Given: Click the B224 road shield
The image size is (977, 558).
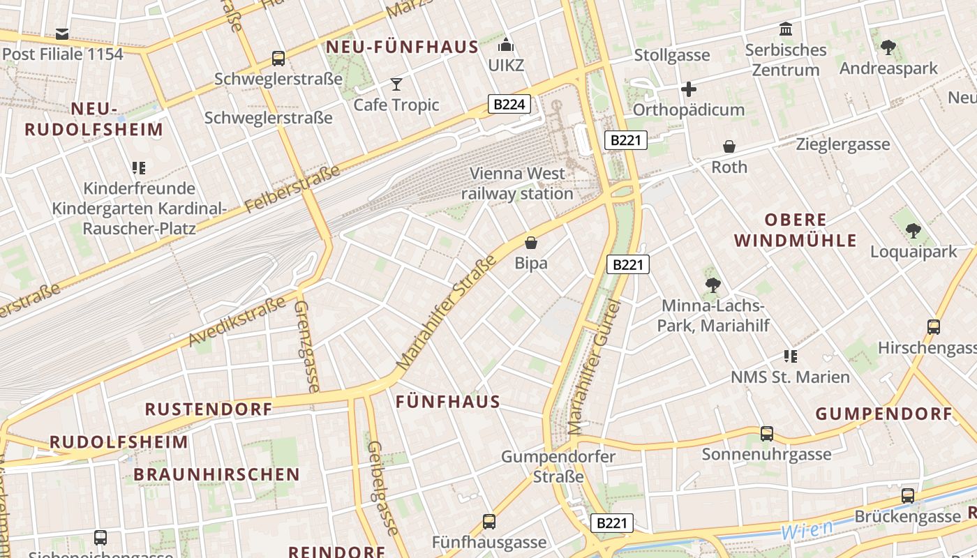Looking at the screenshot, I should (509, 105).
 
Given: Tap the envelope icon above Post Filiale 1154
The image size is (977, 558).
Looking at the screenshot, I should (62, 33).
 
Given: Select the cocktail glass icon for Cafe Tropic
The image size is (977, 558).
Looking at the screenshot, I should (396, 84).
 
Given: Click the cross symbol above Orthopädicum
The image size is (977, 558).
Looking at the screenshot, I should (689, 89).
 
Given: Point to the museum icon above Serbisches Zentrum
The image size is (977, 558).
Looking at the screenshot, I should (786, 29).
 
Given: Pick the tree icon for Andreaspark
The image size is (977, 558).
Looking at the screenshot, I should (888, 47).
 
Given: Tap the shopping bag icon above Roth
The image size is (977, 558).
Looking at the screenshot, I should (729, 146).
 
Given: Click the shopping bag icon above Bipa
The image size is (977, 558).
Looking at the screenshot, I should (531, 243).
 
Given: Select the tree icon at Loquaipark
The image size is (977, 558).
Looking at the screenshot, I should (913, 230).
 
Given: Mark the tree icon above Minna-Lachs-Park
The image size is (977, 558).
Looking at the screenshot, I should (713, 285).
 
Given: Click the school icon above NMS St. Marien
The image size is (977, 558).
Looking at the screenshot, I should (790, 356).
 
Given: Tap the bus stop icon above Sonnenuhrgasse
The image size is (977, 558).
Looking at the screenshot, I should (767, 434).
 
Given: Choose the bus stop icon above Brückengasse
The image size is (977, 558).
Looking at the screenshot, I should (908, 496).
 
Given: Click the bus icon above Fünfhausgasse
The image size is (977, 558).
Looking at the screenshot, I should (489, 522).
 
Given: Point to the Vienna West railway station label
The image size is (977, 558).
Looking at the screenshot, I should (517, 183).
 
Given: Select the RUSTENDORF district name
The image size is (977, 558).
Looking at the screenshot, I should (208, 409).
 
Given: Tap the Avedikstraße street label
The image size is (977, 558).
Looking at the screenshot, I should (237, 322).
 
